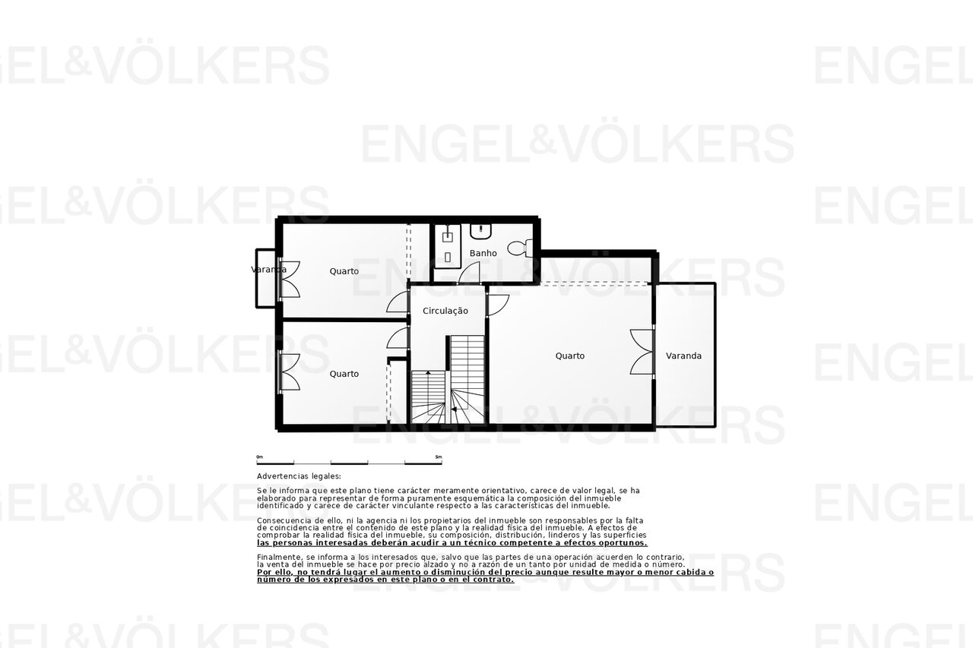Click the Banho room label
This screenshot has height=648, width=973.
click(x=483, y=253)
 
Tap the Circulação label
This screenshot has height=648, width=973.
click(x=445, y=311)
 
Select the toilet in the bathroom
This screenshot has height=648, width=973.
click(x=520, y=248)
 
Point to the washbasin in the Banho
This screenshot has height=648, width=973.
click(x=480, y=232)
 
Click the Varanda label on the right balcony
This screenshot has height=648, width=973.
click(x=683, y=356)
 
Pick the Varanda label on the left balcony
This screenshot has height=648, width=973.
click(x=268, y=270)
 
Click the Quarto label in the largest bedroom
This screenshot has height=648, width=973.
click(x=570, y=356)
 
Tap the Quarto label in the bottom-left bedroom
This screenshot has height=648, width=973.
click(x=344, y=374)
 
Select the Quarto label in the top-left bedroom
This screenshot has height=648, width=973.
click(x=344, y=271)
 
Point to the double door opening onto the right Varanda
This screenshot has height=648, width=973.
click(x=642, y=352)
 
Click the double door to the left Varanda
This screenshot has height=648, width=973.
click(x=290, y=280)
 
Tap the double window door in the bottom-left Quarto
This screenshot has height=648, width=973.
click(x=290, y=372)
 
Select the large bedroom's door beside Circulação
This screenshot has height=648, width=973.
click(x=498, y=305)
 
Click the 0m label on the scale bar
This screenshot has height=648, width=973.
click(x=259, y=457)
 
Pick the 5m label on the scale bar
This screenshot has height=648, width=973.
click(x=439, y=457)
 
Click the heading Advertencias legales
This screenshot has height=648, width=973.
click(x=299, y=476)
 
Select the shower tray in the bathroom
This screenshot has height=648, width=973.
click(x=447, y=246)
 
